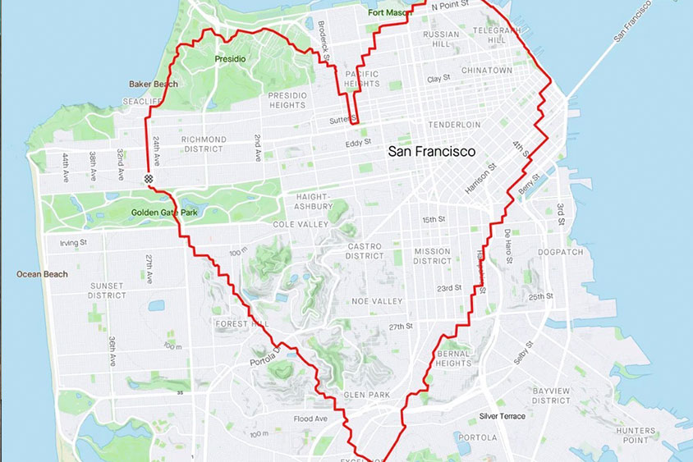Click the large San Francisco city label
[x=431, y=152]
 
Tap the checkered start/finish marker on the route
[x=149, y=178]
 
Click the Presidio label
[x=229, y=59]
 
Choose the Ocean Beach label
[x=42, y=274]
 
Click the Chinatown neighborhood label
[x=487, y=71]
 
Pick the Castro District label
[x=365, y=251]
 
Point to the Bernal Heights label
[x=453, y=359]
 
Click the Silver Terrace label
[x=503, y=416]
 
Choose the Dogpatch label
[x=560, y=252]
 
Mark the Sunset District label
[x=106, y=292]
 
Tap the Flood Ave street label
[x=310, y=419]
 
